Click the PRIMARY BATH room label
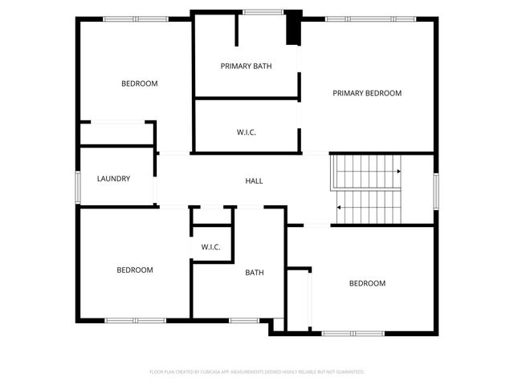(247, 66)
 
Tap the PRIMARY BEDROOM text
(367, 93)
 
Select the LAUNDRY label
(113, 179)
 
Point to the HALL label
(254, 180)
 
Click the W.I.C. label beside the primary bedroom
(247, 132)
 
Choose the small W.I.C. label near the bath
(210, 247)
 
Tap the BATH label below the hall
(255, 273)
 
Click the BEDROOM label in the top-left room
(139, 83)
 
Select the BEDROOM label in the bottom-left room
(135, 270)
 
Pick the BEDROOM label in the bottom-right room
(367, 283)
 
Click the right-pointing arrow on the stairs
(399, 171)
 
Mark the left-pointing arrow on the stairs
(339, 208)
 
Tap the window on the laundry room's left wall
(78, 184)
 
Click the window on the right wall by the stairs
(436, 190)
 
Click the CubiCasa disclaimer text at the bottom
(257, 372)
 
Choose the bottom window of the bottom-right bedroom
(353, 332)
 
